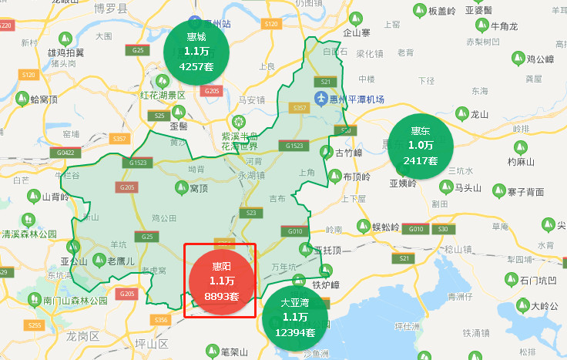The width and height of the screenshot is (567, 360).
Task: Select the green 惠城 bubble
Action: [x=196, y=52]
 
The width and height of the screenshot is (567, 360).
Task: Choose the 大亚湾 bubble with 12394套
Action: [x=294, y=317]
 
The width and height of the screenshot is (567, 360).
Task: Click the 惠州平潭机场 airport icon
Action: [x=321, y=100]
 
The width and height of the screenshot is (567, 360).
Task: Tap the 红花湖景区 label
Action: [x=163, y=96]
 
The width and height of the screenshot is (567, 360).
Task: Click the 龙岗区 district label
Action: [x=83, y=337]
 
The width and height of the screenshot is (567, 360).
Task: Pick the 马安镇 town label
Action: [x=252, y=99]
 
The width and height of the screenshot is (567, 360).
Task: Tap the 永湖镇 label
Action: [x=251, y=175]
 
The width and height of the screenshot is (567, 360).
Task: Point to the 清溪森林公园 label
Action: [x=29, y=234]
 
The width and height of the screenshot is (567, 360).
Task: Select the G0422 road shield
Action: [x=65, y=153]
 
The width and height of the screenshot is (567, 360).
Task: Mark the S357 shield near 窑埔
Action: [x=120, y=139]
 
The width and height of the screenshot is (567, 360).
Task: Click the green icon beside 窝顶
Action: [x=183, y=187]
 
